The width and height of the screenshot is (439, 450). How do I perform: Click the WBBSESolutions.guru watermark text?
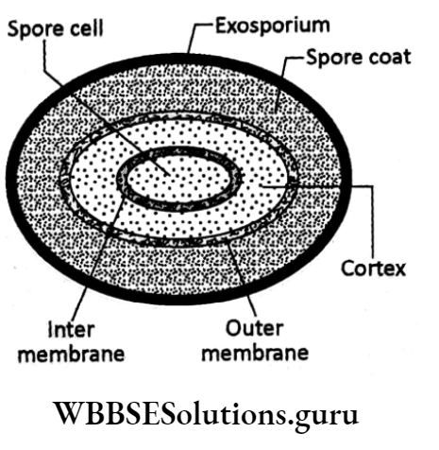[218, 417]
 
